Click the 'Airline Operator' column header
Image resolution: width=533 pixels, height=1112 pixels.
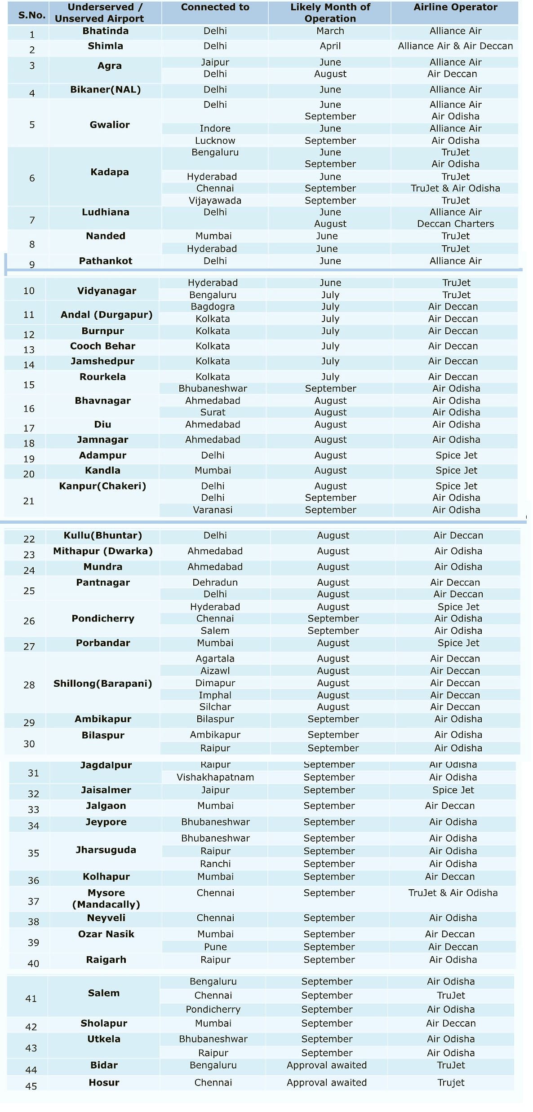coord(455,7)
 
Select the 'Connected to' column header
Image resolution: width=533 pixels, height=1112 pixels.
coord(215,7)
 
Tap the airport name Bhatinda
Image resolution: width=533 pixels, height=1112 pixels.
coord(105,31)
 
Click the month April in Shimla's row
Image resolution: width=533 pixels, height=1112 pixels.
coord(330,46)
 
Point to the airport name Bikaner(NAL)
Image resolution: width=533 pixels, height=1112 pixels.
coord(105,89)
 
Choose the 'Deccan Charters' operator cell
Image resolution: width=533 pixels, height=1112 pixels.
coord(455,224)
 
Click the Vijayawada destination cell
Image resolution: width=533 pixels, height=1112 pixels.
coord(215,200)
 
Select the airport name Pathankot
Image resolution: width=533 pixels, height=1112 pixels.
coord(105,261)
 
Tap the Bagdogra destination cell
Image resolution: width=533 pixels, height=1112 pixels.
coord(213,307)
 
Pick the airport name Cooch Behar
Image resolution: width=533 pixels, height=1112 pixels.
coord(102,346)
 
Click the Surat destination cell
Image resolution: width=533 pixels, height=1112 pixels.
coord(213,412)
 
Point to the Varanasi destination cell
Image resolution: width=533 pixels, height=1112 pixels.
coord(213,510)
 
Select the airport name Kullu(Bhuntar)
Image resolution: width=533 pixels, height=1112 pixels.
coord(102,535)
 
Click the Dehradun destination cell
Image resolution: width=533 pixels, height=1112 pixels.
coord(215,582)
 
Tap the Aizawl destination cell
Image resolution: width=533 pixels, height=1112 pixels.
coord(215,671)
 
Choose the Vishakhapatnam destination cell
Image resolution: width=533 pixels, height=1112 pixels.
coord(215,777)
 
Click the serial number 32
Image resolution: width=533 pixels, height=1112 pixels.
coord(33,794)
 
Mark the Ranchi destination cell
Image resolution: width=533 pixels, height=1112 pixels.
coord(215,864)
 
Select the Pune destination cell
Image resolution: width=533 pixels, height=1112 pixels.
coord(215,947)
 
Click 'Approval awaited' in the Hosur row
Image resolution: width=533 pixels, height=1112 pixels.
coord(326,1082)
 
